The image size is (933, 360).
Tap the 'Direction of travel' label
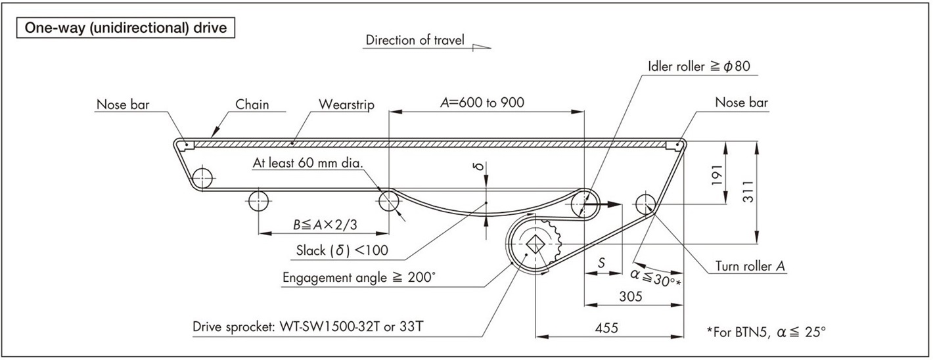coord(415,41)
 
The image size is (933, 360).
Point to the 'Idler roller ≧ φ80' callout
coord(704,66)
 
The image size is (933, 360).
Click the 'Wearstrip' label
coord(346,104)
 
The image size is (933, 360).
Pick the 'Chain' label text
coord(252,104)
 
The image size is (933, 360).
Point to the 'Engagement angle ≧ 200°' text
coord(359,278)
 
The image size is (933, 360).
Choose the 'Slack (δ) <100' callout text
coord(342,250)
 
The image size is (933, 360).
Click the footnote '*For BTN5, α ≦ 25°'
coord(765,332)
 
